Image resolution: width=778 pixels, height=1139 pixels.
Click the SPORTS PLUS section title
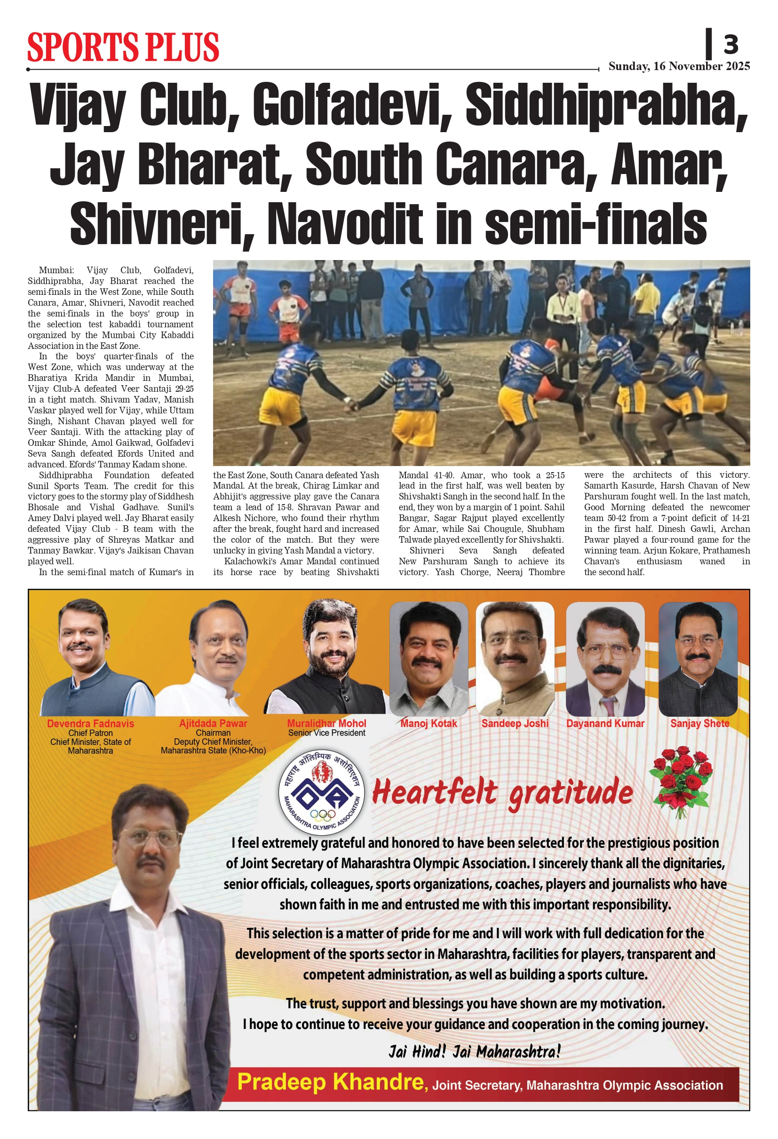[x=123, y=47]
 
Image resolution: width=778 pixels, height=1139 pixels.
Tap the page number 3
[x=730, y=45]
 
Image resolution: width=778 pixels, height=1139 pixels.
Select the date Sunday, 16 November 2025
[x=679, y=66]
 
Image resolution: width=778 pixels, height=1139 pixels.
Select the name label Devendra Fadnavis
[x=90, y=723]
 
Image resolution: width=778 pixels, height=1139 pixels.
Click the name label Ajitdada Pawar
[x=213, y=723]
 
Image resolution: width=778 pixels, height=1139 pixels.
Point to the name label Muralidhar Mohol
[x=326, y=723]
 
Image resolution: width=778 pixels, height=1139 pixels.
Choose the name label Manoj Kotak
[x=429, y=723]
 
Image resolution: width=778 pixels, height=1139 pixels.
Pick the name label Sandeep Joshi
[x=515, y=723]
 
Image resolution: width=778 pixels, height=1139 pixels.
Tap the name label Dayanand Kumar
[x=605, y=723]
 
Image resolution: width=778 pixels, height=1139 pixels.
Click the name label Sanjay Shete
[x=699, y=723]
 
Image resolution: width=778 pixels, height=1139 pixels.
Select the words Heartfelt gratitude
[x=502, y=793]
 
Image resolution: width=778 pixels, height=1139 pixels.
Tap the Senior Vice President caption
[x=326, y=733]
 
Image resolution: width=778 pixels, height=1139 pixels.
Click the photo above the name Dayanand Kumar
[x=605, y=659]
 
